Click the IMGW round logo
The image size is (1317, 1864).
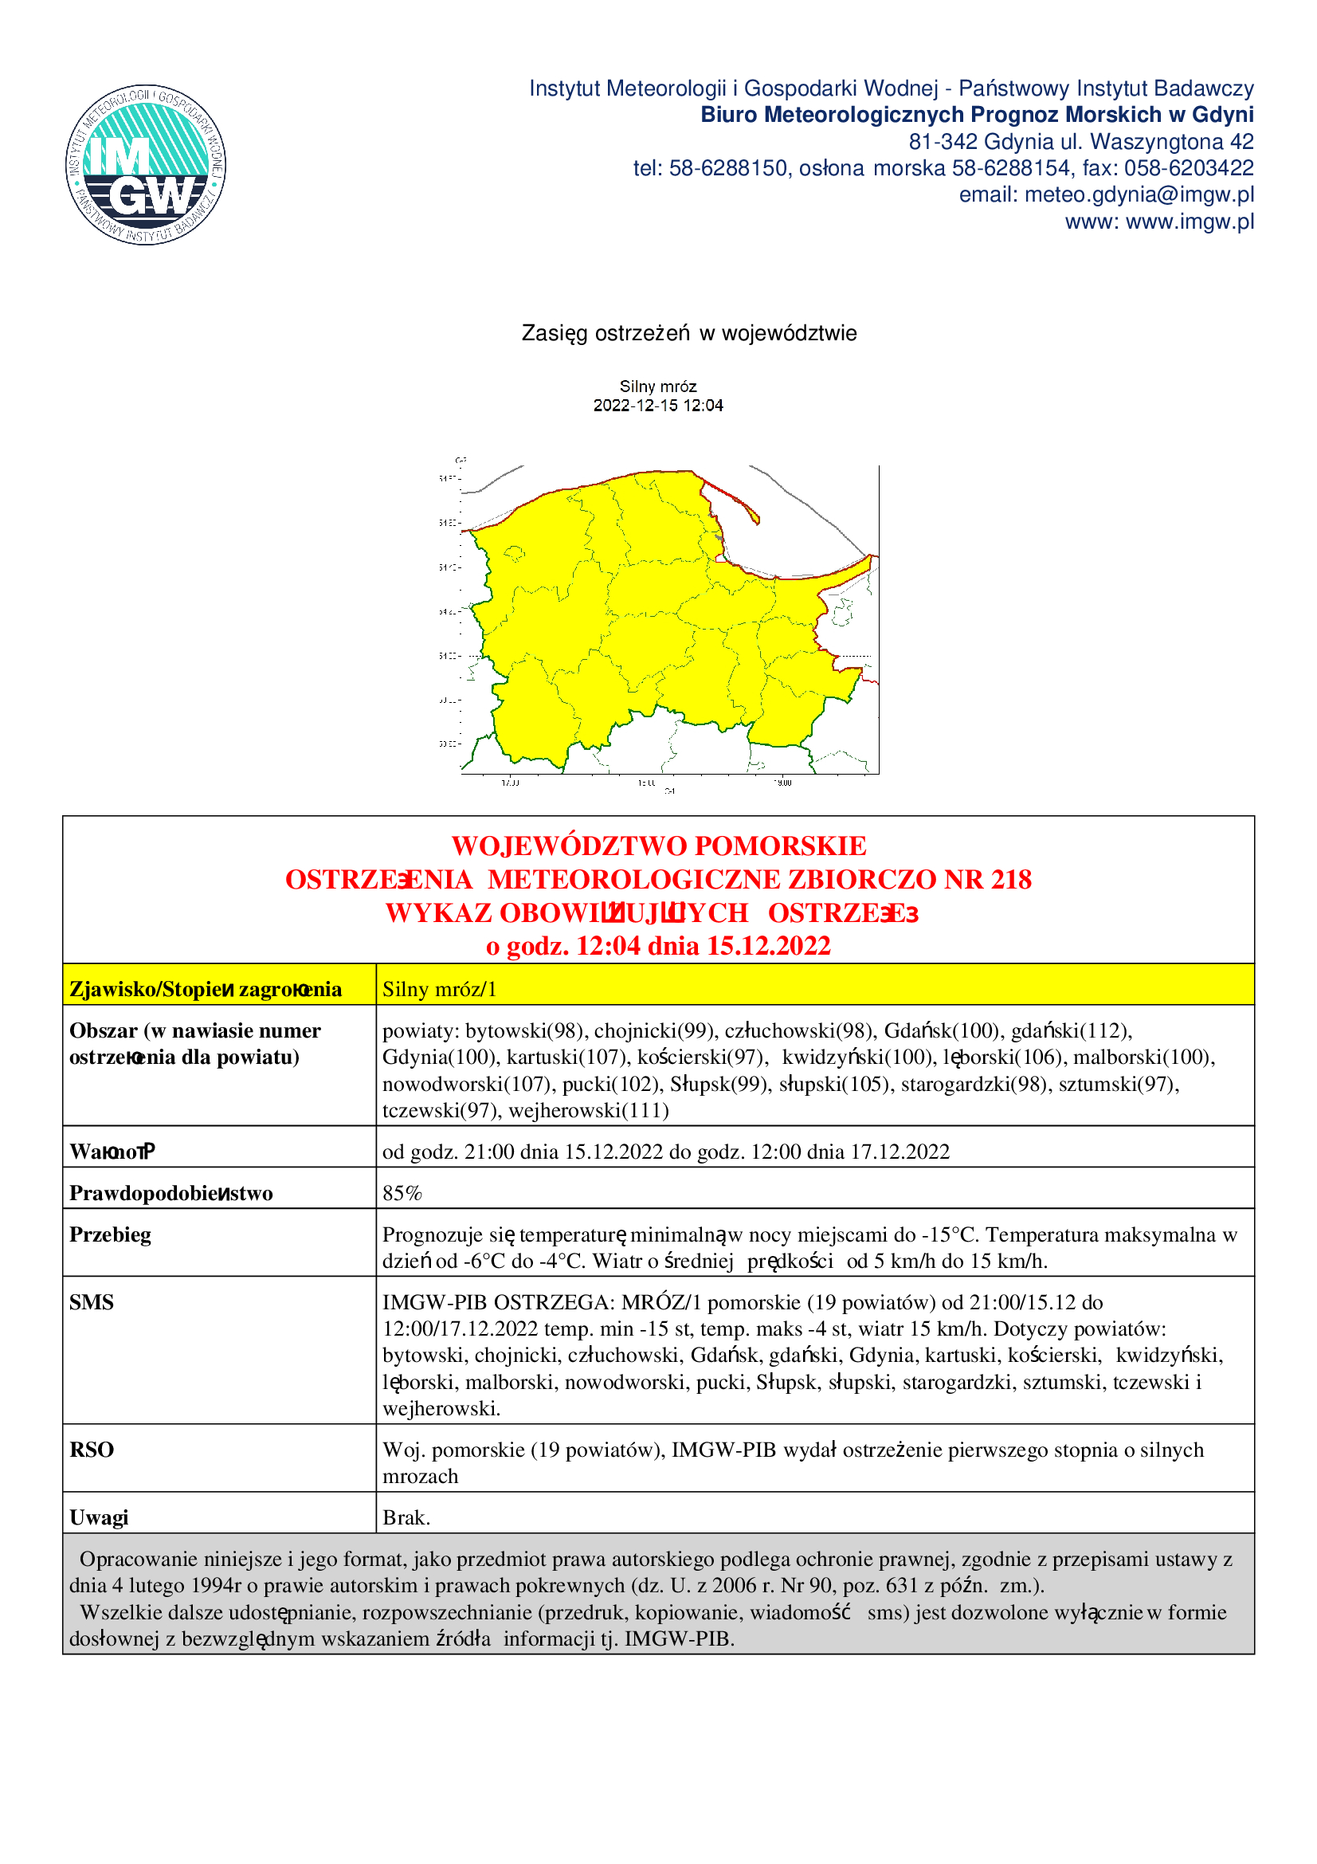pyautogui.click(x=145, y=165)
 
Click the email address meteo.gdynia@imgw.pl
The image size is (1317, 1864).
pyautogui.click(x=1139, y=194)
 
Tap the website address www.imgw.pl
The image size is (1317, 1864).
pyautogui.click(x=1190, y=222)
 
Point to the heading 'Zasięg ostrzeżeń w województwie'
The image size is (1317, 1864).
pyautogui.click(x=689, y=334)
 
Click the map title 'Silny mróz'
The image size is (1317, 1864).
pyautogui.click(x=658, y=387)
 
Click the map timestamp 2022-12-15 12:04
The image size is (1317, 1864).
pyautogui.click(x=658, y=405)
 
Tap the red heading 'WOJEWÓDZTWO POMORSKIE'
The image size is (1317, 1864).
pyautogui.click(x=659, y=846)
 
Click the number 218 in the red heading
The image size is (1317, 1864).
pyautogui.click(x=1010, y=880)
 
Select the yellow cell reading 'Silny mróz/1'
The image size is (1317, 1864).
pyautogui.click(x=439, y=989)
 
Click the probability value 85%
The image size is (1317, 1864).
pyautogui.click(x=402, y=1193)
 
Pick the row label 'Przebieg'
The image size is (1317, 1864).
pyautogui.click(x=111, y=1234)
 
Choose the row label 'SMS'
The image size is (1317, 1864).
pyautogui.click(x=91, y=1302)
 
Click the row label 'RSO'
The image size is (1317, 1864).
pyautogui.click(x=91, y=1449)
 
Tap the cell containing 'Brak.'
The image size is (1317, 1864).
pyautogui.click(x=406, y=1517)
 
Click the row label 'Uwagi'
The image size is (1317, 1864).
pyautogui.click(x=99, y=1517)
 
